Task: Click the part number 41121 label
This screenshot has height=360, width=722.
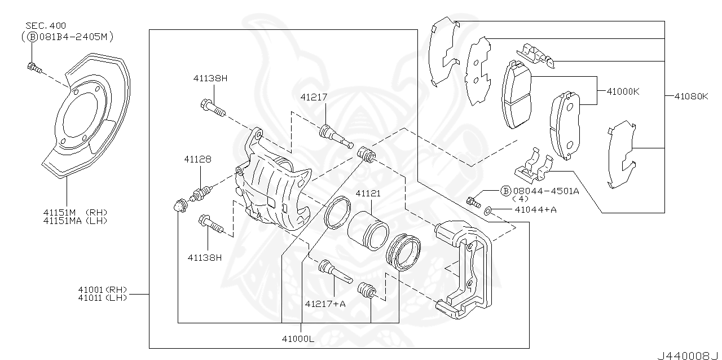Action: [x=367, y=194]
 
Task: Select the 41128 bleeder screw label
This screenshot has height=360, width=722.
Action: [x=197, y=160]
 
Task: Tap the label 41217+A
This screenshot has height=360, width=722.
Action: [x=325, y=303]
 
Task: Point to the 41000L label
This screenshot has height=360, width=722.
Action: [x=300, y=339]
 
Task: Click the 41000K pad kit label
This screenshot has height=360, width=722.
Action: [x=623, y=91]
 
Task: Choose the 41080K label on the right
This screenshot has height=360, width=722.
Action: [x=691, y=96]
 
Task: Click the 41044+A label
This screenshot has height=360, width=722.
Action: [x=535, y=210]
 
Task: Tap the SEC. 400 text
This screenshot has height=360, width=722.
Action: [x=46, y=25]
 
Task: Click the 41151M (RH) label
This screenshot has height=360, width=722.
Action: [x=75, y=212]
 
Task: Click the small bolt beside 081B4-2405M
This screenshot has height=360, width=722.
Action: [x=33, y=68]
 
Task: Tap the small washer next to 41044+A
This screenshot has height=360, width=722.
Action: [x=488, y=210]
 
